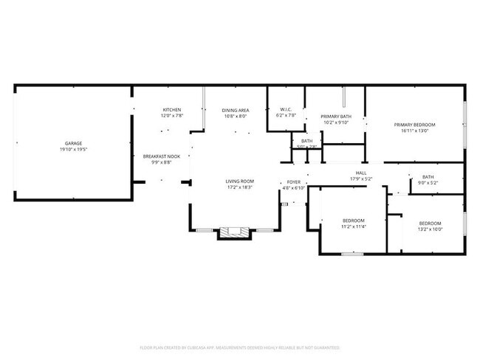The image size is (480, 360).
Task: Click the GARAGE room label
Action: click(73, 144)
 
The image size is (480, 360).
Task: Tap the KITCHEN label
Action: click(172, 110)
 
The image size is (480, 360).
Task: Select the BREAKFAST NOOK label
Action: click(161, 156)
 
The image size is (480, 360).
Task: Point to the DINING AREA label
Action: click(235, 110)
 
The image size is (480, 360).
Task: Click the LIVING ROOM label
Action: click(240, 181)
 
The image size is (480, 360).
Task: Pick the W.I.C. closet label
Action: click(286, 110)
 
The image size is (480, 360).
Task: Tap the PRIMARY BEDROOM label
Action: click(414, 125)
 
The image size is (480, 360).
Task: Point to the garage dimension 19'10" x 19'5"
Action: click(73, 150)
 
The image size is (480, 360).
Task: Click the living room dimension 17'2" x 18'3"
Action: click(240, 187)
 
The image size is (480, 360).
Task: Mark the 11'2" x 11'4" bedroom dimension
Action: click(354, 226)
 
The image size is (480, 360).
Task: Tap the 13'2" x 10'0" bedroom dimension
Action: click(430, 229)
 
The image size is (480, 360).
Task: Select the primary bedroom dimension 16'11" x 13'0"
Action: click(414, 131)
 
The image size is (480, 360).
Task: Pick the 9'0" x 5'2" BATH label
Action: click(428, 177)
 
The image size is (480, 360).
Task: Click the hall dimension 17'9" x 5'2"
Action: click(361, 179)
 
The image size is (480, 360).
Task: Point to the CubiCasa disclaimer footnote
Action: click(239, 347)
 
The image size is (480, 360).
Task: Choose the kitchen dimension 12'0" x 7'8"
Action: click(172, 116)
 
